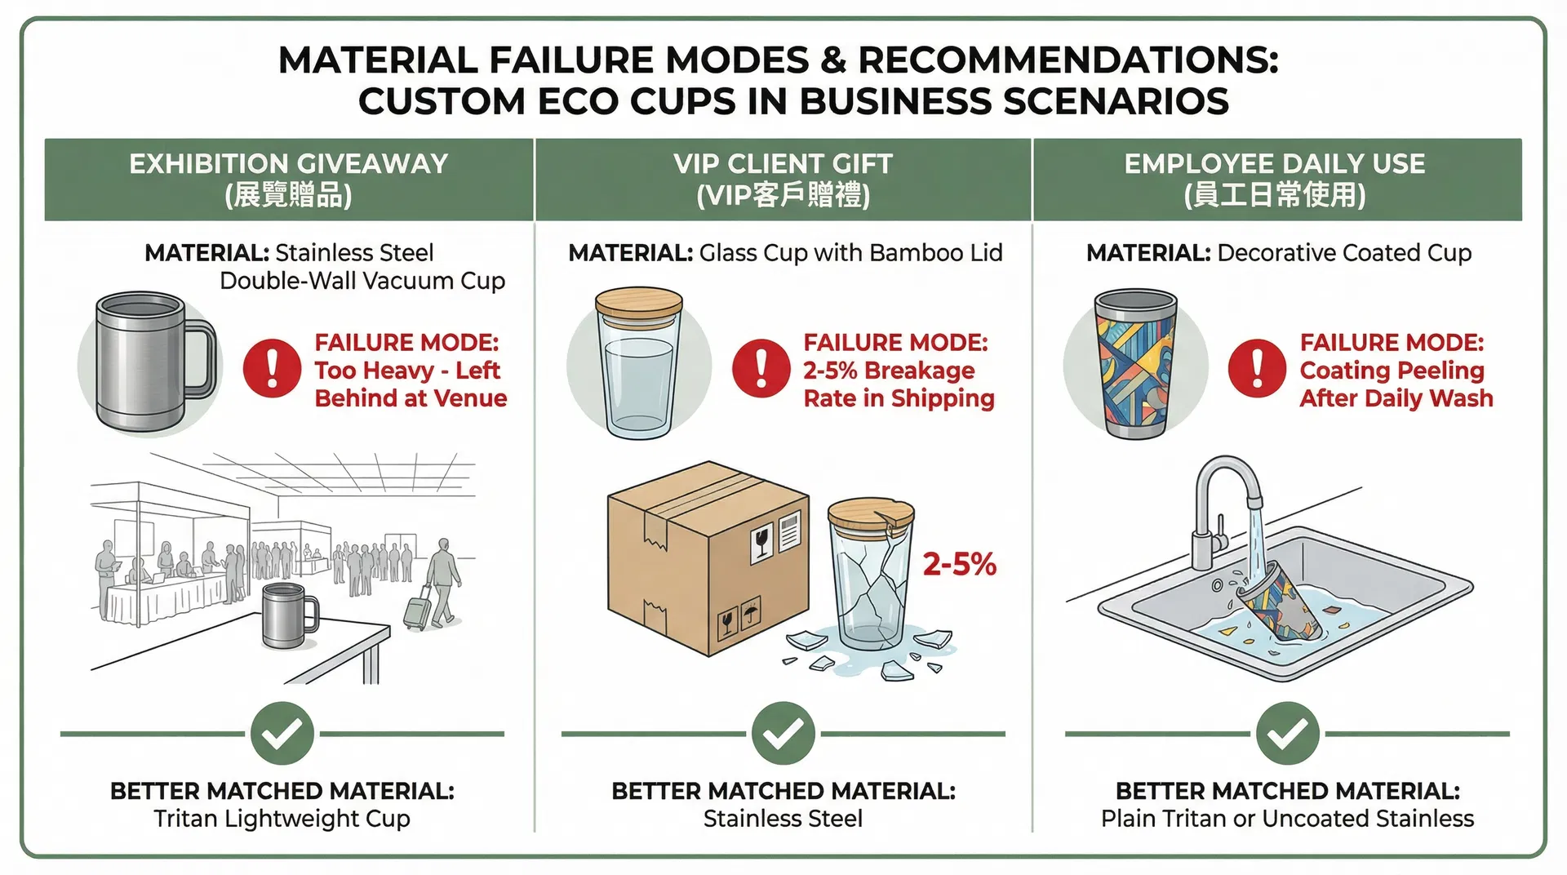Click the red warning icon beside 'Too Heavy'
[x=272, y=368]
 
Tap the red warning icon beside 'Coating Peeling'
[x=1257, y=368]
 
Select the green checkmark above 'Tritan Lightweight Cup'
[x=282, y=733]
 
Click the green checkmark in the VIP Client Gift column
[x=783, y=733]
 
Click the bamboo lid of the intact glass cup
[x=639, y=302]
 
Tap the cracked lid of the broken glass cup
[x=871, y=513]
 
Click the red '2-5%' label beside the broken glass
[x=960, y=564]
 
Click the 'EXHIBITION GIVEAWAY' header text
[x=289, y=163]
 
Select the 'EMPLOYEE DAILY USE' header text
[x=1275, y=163]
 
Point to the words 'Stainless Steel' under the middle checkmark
[x=783, y=818]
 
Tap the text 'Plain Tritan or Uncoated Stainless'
[x=1287, y=818]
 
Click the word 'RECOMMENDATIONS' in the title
[x=1068, y=60]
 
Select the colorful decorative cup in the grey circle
[x=1135, y=364]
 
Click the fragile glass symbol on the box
[x=761, y=544]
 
